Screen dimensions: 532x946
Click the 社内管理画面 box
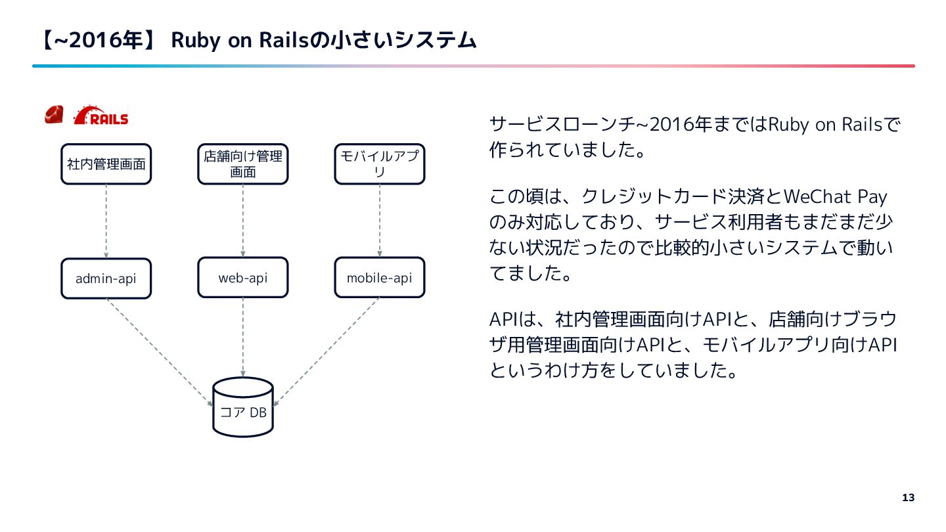(x=106, y=164)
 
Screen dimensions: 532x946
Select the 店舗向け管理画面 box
(x=242, y=164)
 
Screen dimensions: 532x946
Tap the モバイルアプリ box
(x=380, y=164)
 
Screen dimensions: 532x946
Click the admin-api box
(x=106, y=278)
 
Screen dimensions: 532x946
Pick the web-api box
(x=242, y=277)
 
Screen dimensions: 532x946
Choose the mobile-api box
(x=380, y=277)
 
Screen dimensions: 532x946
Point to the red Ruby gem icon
(x=53, y=115)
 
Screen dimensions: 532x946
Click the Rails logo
(x=101, y=116)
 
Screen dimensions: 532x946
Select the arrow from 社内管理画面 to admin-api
(x=106, y=221)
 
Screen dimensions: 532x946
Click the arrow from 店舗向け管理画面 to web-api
(x=242, y=221)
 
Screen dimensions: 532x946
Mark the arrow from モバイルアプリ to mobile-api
(x=380, y=221)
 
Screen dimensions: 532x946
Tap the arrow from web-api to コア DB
(x=243, y=338)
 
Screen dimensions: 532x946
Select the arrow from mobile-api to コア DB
(x=327, y=351)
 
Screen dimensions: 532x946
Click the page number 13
(x=909, y=497)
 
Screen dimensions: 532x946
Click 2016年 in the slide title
(x=104, y=41)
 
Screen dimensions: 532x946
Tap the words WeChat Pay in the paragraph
(x=836, y=197)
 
